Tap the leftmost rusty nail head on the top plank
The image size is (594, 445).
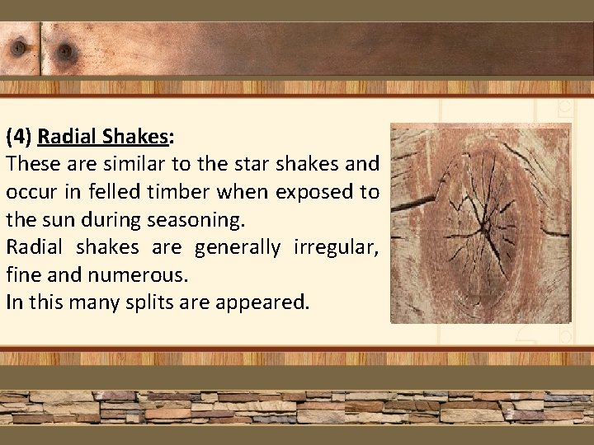15,47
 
